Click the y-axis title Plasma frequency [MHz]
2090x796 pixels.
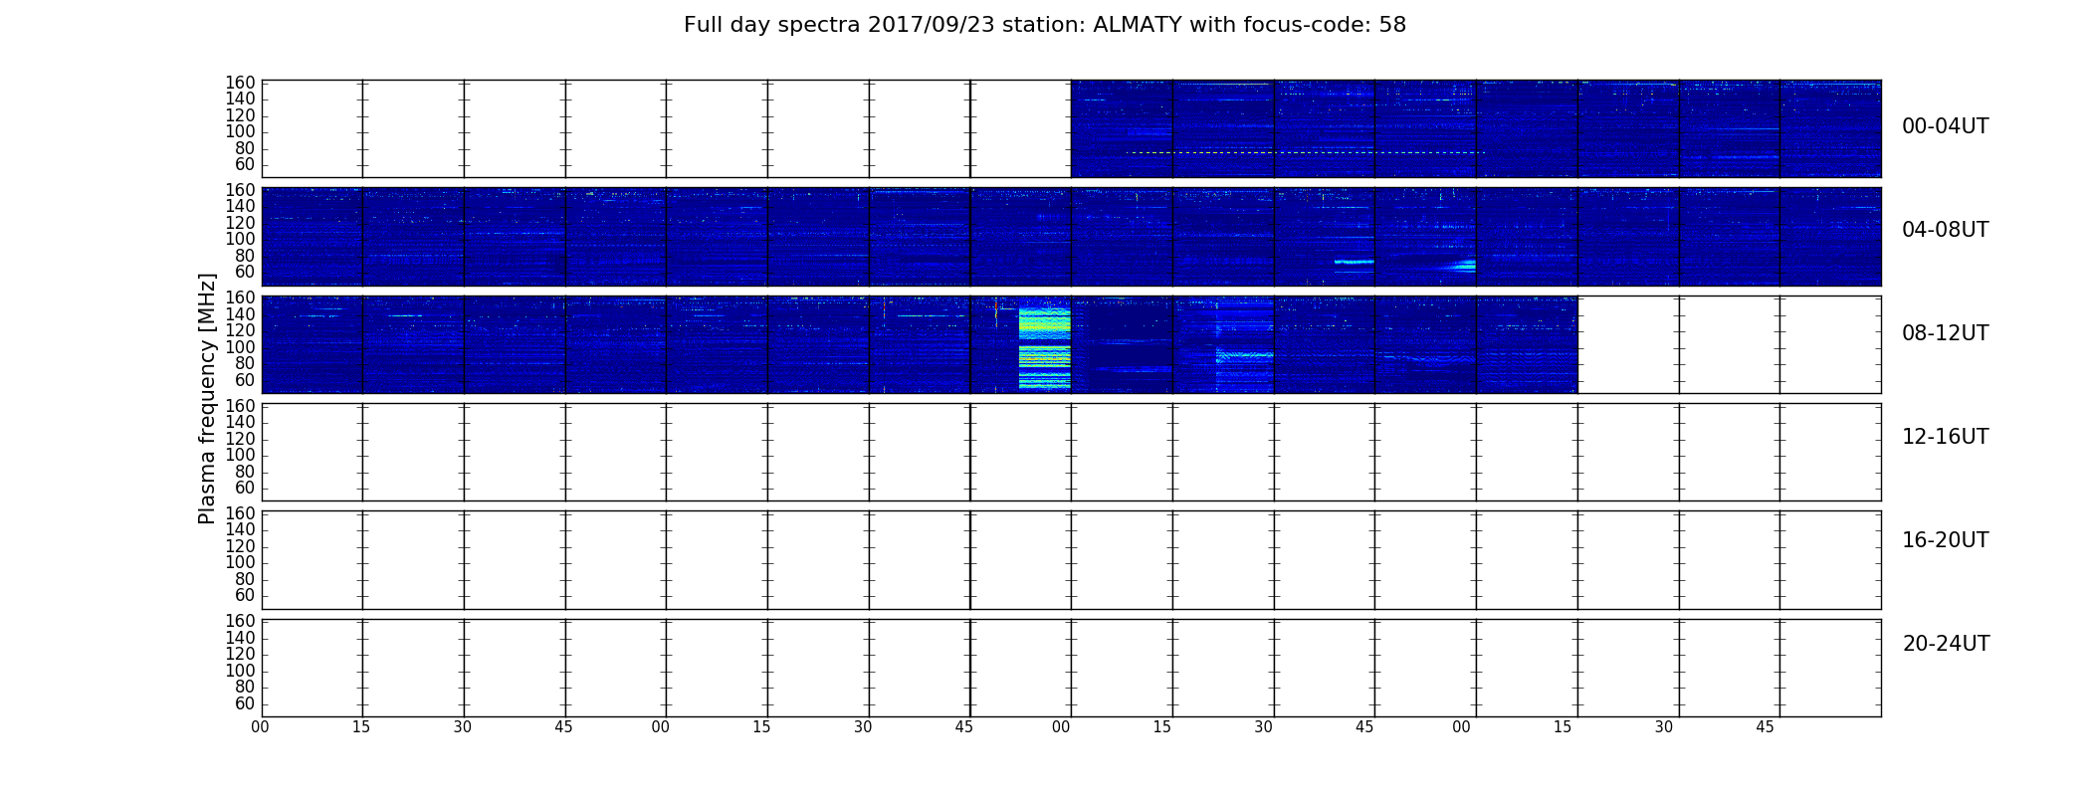[207, 398]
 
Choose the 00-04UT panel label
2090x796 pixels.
[1946, 126]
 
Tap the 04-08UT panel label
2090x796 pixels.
[1946, 230]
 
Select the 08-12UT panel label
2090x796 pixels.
[1946, 333]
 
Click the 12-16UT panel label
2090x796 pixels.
[1946, 437]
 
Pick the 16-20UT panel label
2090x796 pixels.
[1946, 540]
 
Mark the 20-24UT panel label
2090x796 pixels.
[1946, 644]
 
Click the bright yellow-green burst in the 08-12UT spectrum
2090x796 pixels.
[1044, 348]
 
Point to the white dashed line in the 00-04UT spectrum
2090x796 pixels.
[1307, 152]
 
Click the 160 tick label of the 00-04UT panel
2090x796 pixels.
[241, 83]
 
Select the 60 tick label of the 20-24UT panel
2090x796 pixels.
[245, 703]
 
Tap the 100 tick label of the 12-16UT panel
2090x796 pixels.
[241, 455]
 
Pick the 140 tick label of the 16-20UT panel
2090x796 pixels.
[241, 529]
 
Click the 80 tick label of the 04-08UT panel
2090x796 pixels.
[245, 256]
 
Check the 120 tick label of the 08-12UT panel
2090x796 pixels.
[241, 330]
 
